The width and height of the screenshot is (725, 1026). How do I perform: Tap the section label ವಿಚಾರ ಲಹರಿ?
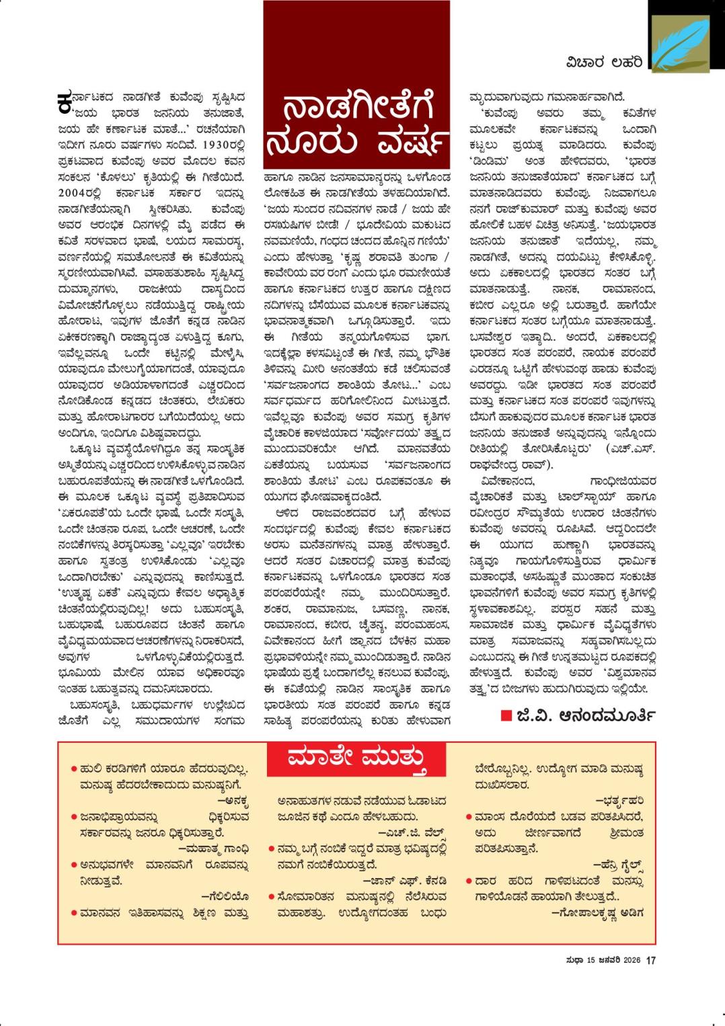(604, 63)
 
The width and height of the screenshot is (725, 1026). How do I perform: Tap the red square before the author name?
(506, 716)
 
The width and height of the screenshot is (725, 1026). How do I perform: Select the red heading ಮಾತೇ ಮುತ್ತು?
(357, 759)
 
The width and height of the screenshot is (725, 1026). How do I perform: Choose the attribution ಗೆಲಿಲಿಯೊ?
(225, 895)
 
